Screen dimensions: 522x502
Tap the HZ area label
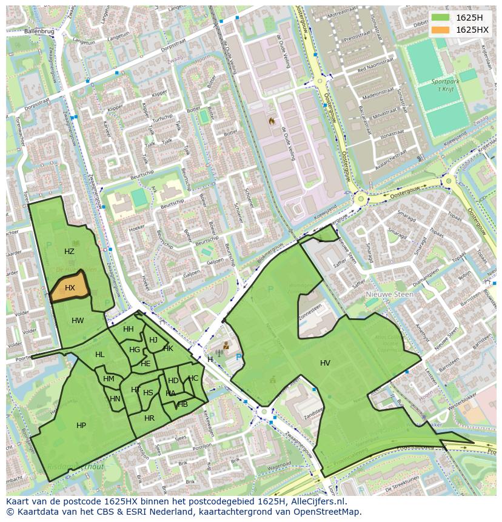[x=69, y=251]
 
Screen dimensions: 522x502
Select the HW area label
[x=78, y=321]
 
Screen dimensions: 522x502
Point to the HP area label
[x=81, y=426]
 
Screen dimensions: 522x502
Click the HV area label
[x=325, y=363]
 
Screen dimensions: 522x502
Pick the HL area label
[x=99, y=355]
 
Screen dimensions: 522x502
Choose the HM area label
[x=109, y=379]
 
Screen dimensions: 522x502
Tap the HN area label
[x=115, y=398]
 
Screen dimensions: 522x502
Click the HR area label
[x=149, y=418]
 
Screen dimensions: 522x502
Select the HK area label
[x=168, y=349]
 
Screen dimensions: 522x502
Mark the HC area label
[x=193, y=378]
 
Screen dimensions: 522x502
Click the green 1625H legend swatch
[x=441, y=18]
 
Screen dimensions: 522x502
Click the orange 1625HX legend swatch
[x=441, y=30]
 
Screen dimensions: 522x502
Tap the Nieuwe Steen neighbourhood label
[x=389, y=294]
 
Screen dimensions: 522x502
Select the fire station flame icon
[x=272, y=121]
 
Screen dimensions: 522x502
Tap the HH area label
[x=129, y=329]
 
